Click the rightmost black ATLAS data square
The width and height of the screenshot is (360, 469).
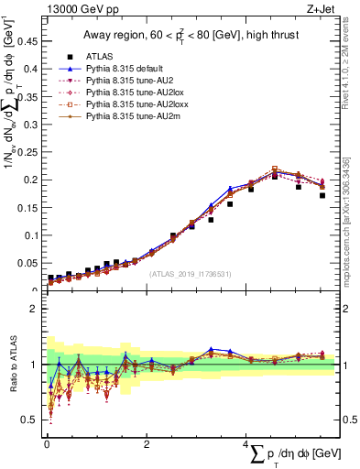322,195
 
